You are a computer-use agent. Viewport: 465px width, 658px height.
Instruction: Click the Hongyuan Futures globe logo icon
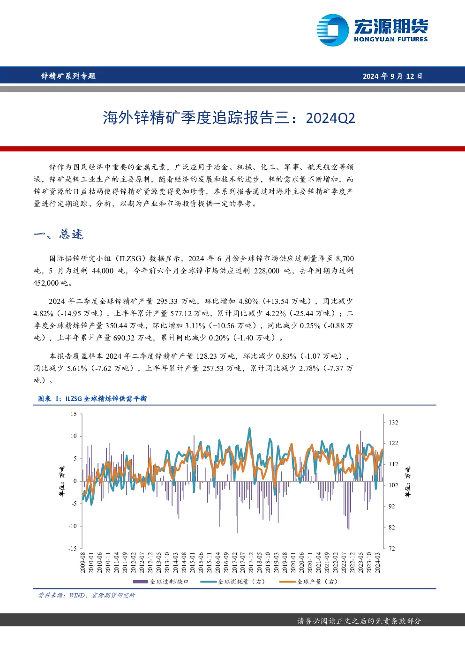click(x=333, y=30)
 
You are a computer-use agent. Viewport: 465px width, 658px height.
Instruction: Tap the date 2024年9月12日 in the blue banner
click(x=392, y=76)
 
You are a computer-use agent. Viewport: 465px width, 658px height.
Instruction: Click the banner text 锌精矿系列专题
click(x=68, y=76)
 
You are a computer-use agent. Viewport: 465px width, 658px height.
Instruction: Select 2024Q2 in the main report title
click(x=330, y=118)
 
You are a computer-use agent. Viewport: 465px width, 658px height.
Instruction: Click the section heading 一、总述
click(x=59, y=234)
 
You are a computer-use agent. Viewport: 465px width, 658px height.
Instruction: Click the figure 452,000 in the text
click(x=46, y=283)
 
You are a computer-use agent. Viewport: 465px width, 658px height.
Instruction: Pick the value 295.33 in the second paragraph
click(x=167, y=302)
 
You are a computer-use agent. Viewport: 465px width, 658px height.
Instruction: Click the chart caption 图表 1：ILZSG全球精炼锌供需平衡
click(x=92, y=399)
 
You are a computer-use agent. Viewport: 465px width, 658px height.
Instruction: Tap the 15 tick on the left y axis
click(x=74, y=414)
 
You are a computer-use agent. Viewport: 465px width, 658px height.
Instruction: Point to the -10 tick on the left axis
click(x=73, y=526)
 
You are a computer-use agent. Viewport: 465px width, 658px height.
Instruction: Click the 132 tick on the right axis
click(x=393, y=423)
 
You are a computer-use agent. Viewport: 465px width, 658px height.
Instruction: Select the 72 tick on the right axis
click(x=392, y=549)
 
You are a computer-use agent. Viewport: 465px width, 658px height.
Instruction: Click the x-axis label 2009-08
click(x=83, y=562)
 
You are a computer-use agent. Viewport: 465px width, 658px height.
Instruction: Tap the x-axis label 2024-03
click(x=378, y=562)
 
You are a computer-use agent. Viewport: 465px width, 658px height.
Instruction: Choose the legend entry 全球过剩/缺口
click(x=160, y=582)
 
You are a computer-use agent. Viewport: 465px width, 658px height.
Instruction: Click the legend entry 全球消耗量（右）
click(x=232, y=582)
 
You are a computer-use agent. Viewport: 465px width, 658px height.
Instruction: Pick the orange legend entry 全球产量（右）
click(x=308, y=582)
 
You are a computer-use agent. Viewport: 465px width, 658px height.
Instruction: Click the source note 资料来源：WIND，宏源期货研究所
click(x=87, y=596)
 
